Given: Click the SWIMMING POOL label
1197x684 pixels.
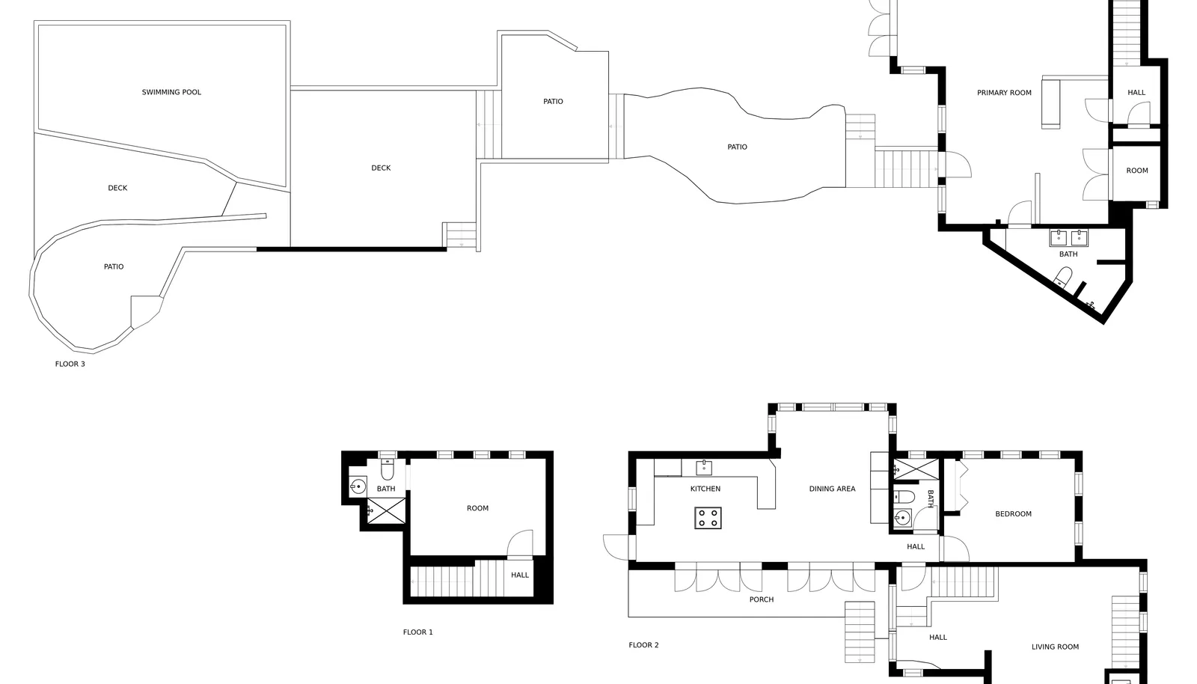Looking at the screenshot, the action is click(x=171, y=93).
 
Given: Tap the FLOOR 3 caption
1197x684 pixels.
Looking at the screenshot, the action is click(x=70, y=364).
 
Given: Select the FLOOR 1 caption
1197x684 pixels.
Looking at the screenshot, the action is click(x=418, y=632).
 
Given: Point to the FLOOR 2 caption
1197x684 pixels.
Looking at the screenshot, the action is click(x=644, y=645).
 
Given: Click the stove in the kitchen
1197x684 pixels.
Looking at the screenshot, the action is click(x=708, y=518).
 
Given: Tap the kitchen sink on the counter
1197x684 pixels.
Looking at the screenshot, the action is click(x=704, y=468).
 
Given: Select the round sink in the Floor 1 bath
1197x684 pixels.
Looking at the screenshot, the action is click(x=358, y=487).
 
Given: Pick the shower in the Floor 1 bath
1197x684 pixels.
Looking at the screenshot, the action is click(x=386, y=510).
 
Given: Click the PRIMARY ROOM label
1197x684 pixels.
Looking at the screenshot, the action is click(x=1004, y=93).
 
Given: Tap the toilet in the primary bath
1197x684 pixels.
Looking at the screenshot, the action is click(x=1063, y=278).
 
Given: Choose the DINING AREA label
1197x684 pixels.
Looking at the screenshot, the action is click(x=832, y=489).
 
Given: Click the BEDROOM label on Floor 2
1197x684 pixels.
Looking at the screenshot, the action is click(x=1013, y=514).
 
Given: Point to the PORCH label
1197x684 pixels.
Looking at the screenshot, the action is click(x=762, y=599).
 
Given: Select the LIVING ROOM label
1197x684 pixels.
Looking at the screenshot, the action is click(x=1055, y=647).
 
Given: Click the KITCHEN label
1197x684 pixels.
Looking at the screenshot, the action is click(x=705, y=489).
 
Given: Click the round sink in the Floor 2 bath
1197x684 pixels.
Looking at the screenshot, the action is click(x=903, y=517).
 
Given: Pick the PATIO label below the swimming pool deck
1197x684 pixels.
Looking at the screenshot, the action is click(x=114, y=266).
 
